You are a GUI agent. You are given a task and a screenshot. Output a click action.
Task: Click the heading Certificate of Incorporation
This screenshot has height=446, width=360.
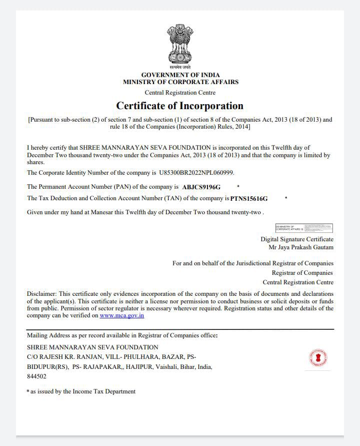click(179, 106)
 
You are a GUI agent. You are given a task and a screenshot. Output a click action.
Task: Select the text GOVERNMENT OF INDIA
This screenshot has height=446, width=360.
click(180, 75)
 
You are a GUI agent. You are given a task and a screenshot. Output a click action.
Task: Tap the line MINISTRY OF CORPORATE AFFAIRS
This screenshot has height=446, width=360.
click(180, 82)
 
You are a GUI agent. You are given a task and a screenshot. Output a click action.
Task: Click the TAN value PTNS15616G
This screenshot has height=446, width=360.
click(248, 199)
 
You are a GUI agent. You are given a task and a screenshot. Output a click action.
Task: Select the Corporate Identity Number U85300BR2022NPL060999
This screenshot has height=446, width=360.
click(196, 173)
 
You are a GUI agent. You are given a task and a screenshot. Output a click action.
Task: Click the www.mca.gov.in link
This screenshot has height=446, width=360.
click(122, 315)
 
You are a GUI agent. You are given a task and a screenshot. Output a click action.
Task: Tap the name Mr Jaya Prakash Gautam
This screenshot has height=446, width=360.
click(301, 247)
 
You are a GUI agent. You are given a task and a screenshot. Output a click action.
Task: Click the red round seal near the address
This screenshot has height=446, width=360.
click(318, 357)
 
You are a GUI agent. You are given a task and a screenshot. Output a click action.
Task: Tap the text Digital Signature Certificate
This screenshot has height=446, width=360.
click(296, 239)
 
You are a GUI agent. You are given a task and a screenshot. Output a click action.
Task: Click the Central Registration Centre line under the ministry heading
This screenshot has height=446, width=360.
click(180, 93)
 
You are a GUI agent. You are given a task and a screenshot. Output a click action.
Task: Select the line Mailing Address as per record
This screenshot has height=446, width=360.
click(122, 335)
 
